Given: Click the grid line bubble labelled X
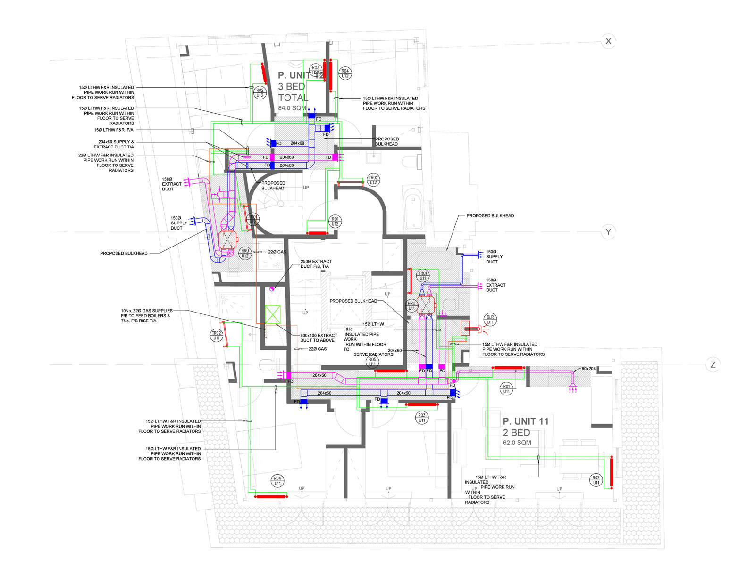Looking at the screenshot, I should click(608, 41).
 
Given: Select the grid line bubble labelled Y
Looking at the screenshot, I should click(608, 232).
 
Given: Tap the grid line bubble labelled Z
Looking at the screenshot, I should click(713, 364).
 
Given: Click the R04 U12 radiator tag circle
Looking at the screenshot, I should click(345, 74).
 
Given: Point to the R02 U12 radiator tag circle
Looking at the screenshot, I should click(260, 93).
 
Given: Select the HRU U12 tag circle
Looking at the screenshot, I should click(245, 254).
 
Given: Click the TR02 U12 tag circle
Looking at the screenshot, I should click(373, 180).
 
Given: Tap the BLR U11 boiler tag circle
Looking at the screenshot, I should click(490, 320).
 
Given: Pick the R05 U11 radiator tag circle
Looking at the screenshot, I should click(372, 362).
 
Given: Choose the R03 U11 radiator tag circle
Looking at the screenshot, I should click(422, 418).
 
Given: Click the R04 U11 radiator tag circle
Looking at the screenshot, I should click(277, 481).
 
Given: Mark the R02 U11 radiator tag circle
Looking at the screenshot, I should click(596, 480).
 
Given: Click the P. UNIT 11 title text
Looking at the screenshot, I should click(526, 421).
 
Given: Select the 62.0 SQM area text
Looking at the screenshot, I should click(517, 443).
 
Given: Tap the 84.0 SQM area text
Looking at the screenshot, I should click(292, 108).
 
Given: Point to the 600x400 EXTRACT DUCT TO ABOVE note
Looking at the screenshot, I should click(319, 337).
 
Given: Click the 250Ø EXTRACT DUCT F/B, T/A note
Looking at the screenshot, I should click(316, 263).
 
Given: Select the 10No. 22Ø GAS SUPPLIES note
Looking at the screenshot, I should click(146, 315).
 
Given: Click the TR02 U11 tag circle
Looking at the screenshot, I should click(217, 336).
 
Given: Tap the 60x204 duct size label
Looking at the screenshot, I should click(588, 369).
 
